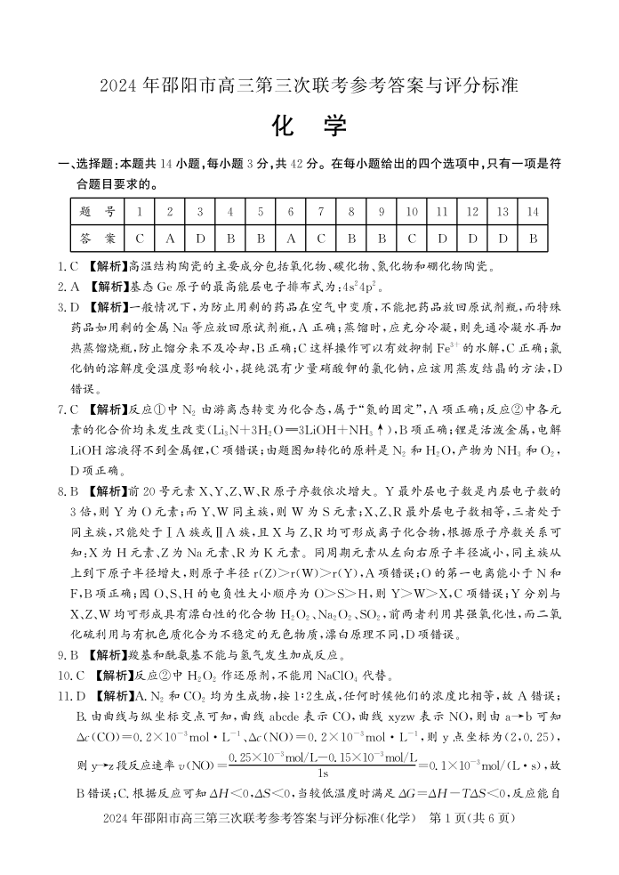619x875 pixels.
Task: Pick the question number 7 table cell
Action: pyautogui.click(x=321, y=213)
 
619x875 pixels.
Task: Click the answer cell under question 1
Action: pyautogui.click(x=140, y=239)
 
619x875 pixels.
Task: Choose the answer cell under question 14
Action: pyautogui.click(x=533, y=239)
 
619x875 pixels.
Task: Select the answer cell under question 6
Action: pyautogui.click(x=291, y=239)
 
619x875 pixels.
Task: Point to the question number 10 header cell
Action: pyautogui.click(x=412, y=213)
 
